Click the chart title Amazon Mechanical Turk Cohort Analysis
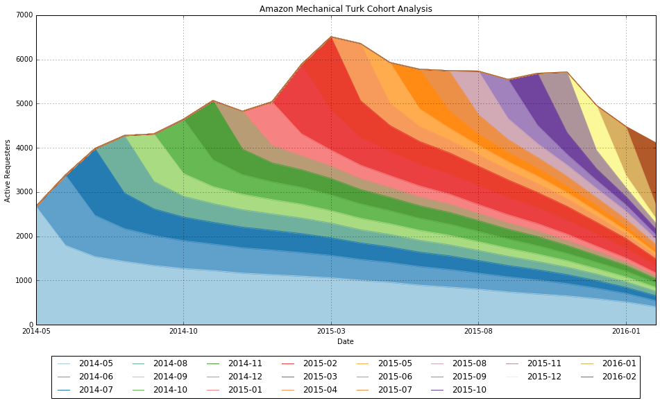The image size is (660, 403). coord(346,9)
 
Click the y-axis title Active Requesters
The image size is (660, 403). coord(8,170)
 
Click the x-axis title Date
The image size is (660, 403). coord(346,341)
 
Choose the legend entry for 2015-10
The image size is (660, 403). coord(468,390)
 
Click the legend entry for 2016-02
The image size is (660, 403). coord(618,377)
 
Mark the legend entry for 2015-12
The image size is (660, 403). coord(543,377)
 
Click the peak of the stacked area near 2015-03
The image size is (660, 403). coord(331,37)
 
